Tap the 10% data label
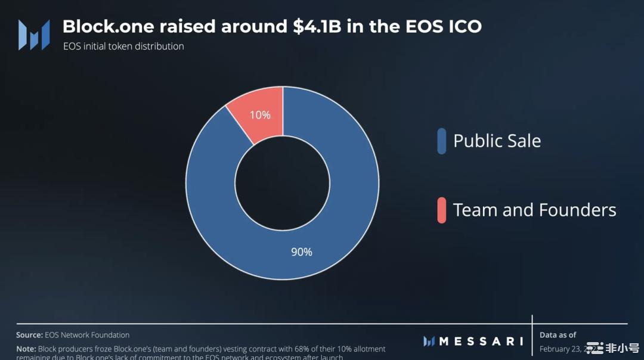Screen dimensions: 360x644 pyautogui.click(x=260, y=114)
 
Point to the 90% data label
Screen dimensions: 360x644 pyautogui.click(x=301, y=252)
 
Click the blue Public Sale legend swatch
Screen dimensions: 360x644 pyautogui.click(x=441, y=141)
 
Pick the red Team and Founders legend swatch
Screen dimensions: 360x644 pyautogui.click(x=441, y=210)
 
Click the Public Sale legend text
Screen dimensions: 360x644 pyautogui.click(x=497, y=141)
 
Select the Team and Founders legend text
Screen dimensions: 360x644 pyautogui.click(x=534, y=210)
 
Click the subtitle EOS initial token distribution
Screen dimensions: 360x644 pyautogui.click(x=123, y=46)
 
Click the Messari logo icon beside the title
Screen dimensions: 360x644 pyautogui.click(x=33, y=35)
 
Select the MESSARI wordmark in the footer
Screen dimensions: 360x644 pyautogui.click(x=481, y=342)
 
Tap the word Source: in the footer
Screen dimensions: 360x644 pyautogui.click(x=29, y=335)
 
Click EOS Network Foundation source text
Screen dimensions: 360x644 pyautogui.click(x=87, y=335)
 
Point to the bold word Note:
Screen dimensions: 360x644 pyautogui.click(x=26, y=349)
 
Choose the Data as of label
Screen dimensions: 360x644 pyautogui.click(x=558, y=335)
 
